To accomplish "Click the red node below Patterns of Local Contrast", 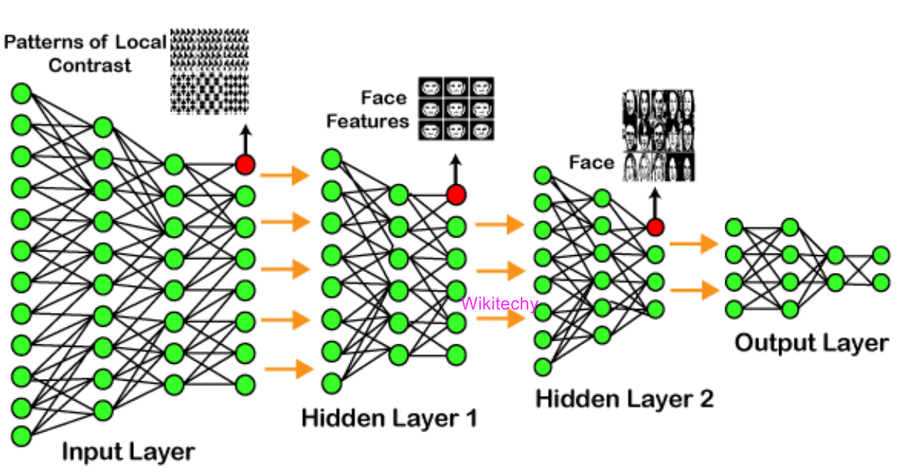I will coord(245,164).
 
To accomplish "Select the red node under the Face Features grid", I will coord(456,195).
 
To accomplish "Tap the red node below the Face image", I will coord(655,226).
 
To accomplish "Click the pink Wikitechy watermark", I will coord(499,303).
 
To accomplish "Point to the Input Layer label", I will coord(128,451).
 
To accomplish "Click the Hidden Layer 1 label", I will coord(389,418).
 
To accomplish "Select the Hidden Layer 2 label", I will coord(624,399).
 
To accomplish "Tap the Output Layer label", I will coord(811,343).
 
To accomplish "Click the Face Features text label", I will coord(368,109).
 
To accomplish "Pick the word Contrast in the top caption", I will coord(90,65).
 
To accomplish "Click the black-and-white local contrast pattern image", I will coord(210,71).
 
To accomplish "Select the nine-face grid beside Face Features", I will coord(456,108).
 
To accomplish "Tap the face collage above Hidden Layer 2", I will coord(658,136).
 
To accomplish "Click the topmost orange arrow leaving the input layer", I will coord(284,176).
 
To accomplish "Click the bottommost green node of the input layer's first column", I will coord(21,436).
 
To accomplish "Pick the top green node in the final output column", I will coord(881,255).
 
